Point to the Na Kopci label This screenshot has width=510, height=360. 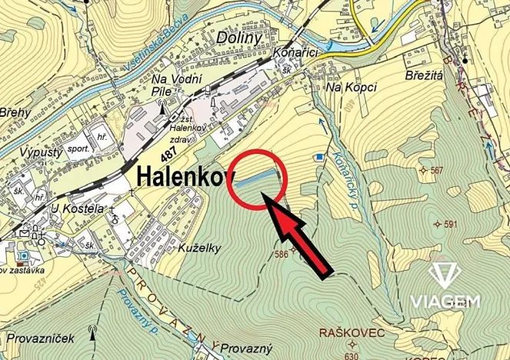(x=351, y=88)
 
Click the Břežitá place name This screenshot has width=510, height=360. (x=425, y=75)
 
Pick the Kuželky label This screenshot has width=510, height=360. (x=198, y=248)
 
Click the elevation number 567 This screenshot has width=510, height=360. (x=437, y=171)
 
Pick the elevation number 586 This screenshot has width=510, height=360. (x=283, y=254)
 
